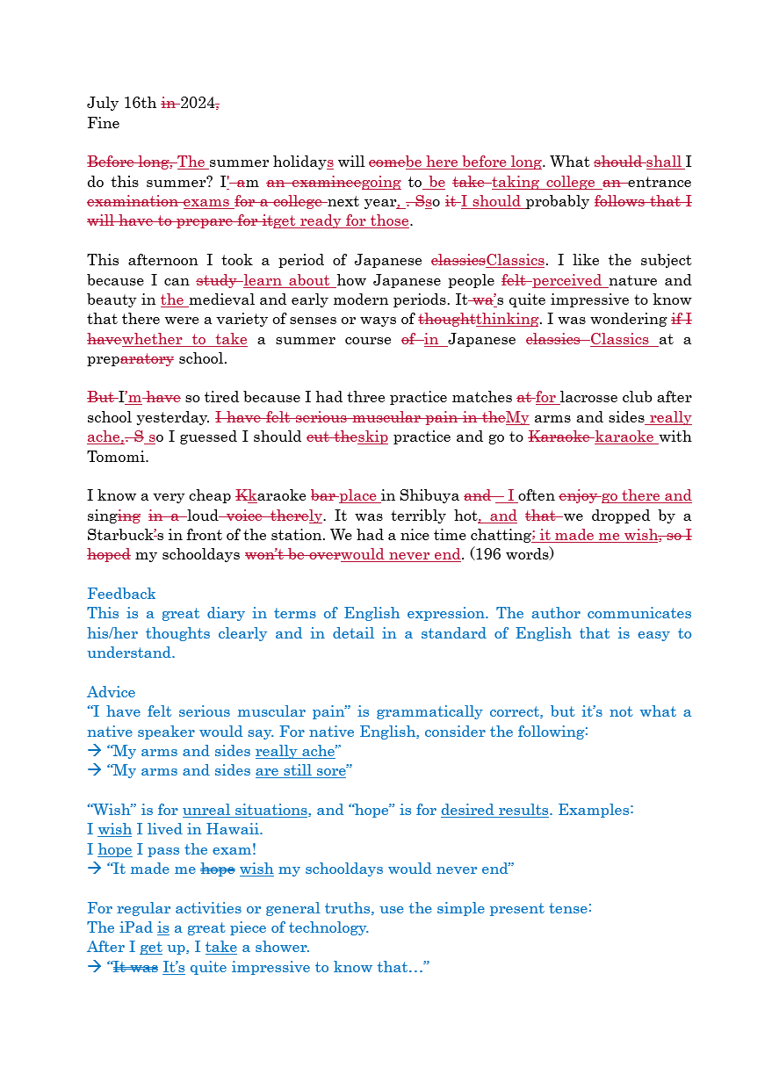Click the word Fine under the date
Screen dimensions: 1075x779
coord(104,123)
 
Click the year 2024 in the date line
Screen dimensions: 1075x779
coord(198,104)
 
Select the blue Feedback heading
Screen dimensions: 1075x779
coord(121,594)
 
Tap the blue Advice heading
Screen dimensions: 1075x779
coord(112,692)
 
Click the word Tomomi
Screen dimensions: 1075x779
coord(117,457)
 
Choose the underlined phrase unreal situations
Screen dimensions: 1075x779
coord(246,810)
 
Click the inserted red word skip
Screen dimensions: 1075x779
coord(373,437)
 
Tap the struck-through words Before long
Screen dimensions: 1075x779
coord(130,162)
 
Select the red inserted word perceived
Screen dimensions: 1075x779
coord(568,280)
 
